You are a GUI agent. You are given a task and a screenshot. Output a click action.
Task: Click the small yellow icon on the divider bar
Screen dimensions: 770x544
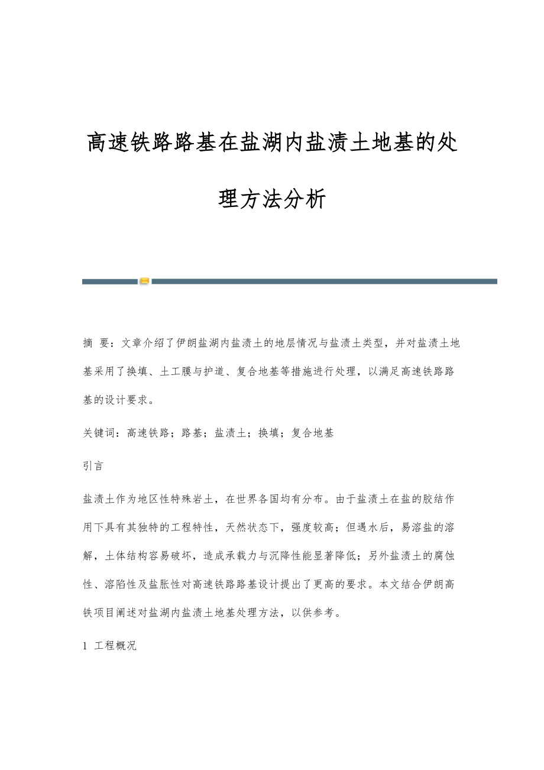click(144, 281)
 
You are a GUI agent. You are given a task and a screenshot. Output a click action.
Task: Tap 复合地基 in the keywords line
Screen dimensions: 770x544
click(313, 433)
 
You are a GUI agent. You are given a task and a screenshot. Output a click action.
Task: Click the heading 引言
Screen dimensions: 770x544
click(93, 465)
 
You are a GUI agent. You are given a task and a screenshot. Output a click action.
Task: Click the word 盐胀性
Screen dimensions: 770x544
click(161, 584)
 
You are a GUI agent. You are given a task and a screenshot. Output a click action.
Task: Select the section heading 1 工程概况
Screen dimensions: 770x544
click(110, 645)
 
